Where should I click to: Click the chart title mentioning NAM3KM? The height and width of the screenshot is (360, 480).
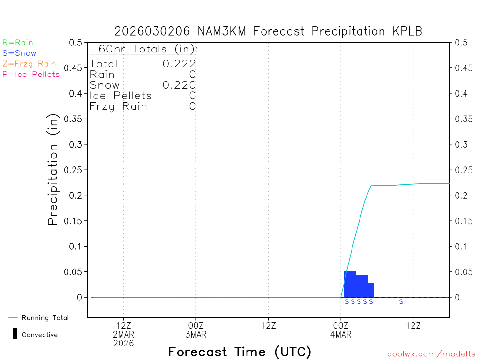tap(269, 31)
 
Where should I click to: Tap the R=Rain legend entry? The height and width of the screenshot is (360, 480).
tap(18, 43)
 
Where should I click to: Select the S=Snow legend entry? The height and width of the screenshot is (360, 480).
tap(19, 53)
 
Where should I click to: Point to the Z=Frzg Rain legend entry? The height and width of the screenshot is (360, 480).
tap(29, 64)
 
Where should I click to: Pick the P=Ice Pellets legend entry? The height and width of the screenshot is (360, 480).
tap(31, 74)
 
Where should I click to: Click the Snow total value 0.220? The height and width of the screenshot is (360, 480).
tap(179, 85)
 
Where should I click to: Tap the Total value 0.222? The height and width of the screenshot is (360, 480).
tap(179, 64)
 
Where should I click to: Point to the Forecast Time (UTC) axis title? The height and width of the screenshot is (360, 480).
tap(240, 352)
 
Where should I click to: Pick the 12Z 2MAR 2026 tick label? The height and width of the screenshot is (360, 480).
tap(123, 334)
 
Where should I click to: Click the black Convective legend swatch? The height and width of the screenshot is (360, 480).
tap(15, 334)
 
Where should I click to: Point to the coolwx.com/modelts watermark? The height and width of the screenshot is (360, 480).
tap(431, 354)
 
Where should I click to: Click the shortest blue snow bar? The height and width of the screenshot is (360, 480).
tap(371, 290)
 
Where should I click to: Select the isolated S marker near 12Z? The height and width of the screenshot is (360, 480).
tap(401, 302)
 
